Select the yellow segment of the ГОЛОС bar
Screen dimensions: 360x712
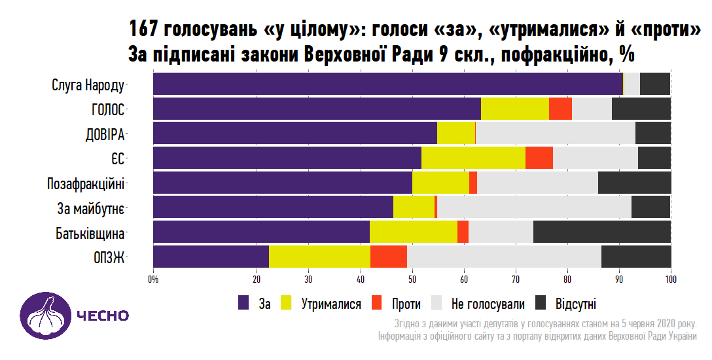point(514,109)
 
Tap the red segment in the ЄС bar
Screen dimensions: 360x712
point(539,158)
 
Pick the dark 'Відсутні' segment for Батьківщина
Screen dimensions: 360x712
point(602,232)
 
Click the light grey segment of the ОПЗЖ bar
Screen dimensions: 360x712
point(504,257)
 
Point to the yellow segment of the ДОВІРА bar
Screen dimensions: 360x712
point(455,133)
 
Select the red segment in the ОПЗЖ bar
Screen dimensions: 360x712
point(389,257)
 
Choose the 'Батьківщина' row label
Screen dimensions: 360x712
point(90,233)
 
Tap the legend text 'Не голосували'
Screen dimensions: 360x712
point(488,304)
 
